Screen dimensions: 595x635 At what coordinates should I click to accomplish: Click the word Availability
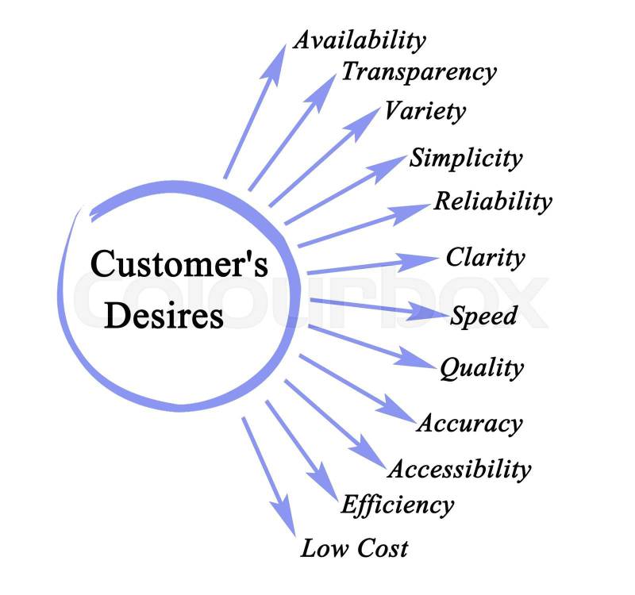(x=359, y=40)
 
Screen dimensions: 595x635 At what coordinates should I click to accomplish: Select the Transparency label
(x=418, y=72)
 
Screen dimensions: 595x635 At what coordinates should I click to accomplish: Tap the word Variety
(x=425, y=111)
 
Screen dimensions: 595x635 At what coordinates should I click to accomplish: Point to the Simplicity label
(x=466, y=158)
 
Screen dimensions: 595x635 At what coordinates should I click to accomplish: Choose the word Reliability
(x=492, y=201)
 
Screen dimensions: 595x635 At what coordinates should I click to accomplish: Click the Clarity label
(x=485, y=257)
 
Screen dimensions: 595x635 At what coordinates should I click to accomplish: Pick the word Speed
(x=483, y=316)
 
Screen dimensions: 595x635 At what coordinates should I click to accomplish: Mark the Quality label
(x=482, y=367)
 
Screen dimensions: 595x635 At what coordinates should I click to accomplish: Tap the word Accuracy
(x=469, y=423)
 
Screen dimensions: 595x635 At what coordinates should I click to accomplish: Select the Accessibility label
(x=459, y=468)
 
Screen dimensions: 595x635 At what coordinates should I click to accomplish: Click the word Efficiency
(x=397, y=504)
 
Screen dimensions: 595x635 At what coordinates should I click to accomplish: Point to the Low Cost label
(x=354, y=547)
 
